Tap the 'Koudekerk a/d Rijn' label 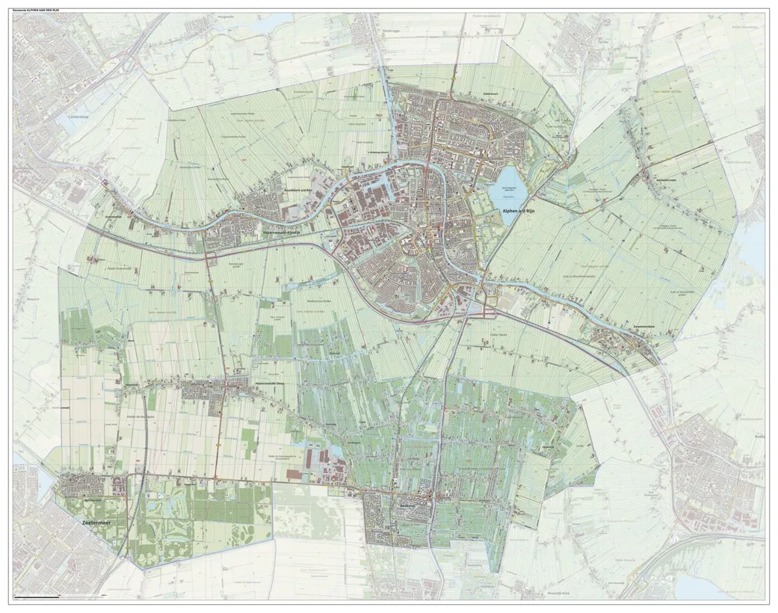[x=298, y=191]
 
